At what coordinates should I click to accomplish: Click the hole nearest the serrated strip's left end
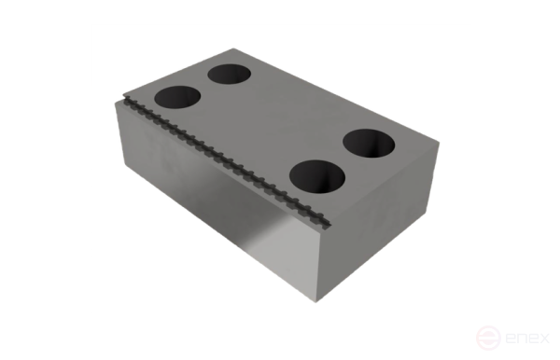177,97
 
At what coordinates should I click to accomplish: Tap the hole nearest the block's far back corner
229,74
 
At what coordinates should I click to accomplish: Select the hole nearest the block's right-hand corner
369,144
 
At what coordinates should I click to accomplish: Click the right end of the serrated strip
330,226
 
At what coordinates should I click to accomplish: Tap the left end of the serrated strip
124,96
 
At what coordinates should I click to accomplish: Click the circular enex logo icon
488,338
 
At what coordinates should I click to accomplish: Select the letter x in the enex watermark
541,338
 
